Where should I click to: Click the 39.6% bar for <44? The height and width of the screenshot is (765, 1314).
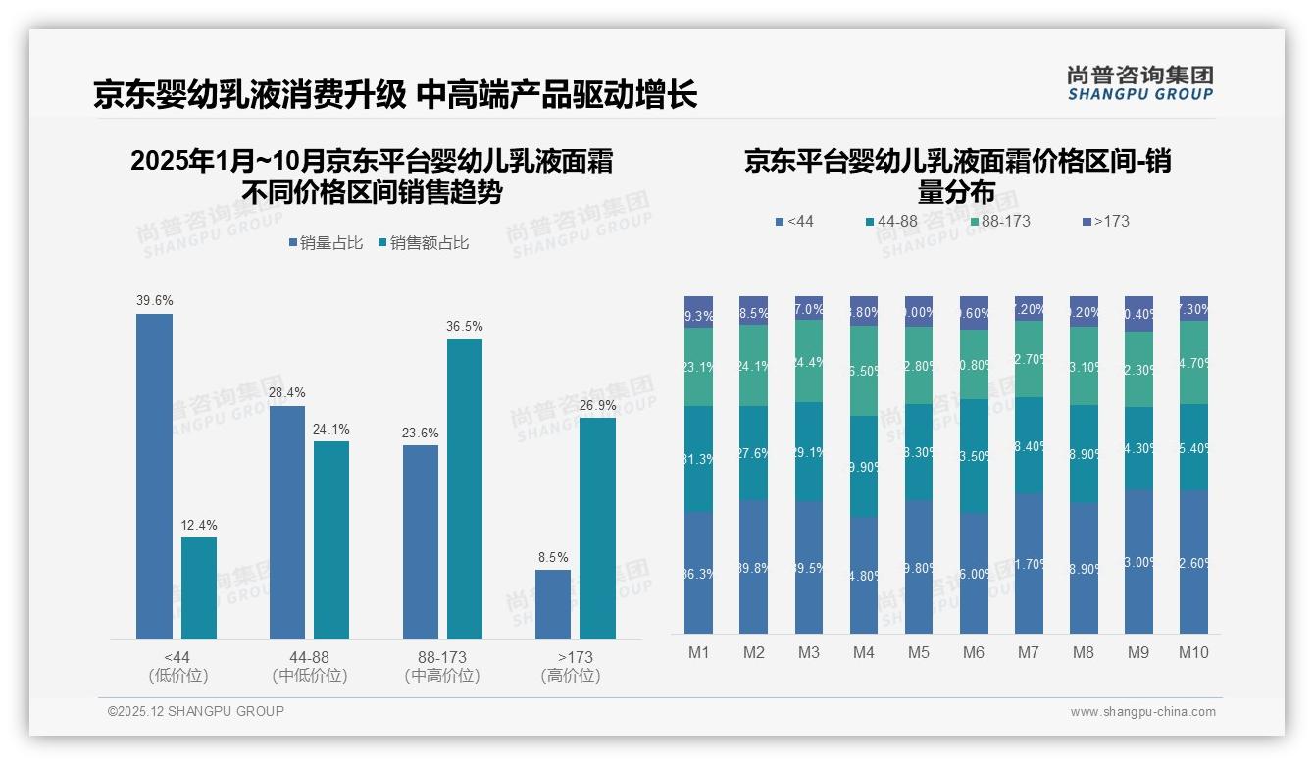[154, 477]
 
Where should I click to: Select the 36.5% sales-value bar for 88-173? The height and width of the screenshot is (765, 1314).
[465, 489]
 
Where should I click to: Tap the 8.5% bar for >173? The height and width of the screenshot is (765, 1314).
[553, 604]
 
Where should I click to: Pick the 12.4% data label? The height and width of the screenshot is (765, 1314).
[198, 526]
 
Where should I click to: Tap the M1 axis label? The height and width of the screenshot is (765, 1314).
[698, 653]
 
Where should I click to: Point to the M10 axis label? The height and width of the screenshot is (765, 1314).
[1193, 653]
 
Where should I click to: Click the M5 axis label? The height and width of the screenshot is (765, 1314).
[919, 653]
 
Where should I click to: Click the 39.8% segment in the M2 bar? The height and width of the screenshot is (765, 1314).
[753, 567]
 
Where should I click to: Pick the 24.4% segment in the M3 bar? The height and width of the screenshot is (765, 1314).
[809, 361]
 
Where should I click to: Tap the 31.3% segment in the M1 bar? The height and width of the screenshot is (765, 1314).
[698, 459]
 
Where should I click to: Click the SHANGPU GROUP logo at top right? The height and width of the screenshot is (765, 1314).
[1139, 83]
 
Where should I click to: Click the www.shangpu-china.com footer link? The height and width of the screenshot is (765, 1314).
[1142, 712]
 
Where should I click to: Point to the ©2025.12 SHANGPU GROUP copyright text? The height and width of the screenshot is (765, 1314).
[196, 712]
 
